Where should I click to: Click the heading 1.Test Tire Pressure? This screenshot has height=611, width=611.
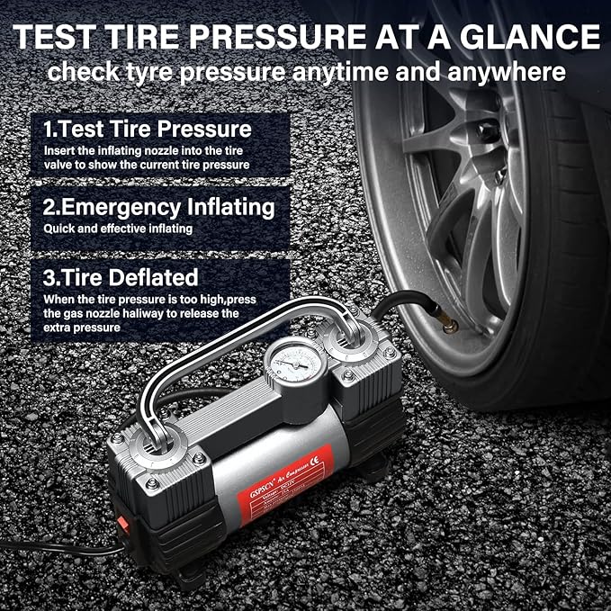(x=147, y=129)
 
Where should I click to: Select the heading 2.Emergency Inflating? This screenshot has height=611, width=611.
(x=158, y=207)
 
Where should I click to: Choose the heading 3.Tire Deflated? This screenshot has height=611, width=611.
(x=121, y=276)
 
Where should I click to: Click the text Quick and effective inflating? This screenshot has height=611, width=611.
(x=117, y=229)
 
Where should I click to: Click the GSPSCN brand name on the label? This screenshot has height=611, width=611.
(x=264, y=469)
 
